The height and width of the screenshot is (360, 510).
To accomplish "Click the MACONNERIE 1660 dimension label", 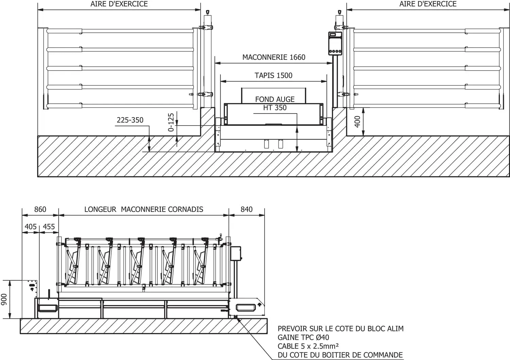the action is [x=274, y=57].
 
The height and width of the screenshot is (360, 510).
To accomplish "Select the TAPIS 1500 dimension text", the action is [x=273, y=76].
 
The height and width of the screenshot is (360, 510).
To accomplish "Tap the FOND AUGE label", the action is [x=275, y=99].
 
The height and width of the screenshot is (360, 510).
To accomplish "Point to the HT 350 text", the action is [x=275, y=108].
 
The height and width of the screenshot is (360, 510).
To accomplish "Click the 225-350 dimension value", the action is [x=130, y=120].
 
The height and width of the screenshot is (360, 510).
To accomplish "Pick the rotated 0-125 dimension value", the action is [x=171, y=122].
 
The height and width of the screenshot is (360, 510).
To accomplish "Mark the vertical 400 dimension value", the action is [x=357, y=122].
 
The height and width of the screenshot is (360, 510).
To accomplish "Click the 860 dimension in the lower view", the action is [x=40, y=209].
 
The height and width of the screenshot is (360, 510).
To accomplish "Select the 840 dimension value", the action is [x=247, y=209].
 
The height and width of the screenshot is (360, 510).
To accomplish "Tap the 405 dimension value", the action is [x=31, y=227].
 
